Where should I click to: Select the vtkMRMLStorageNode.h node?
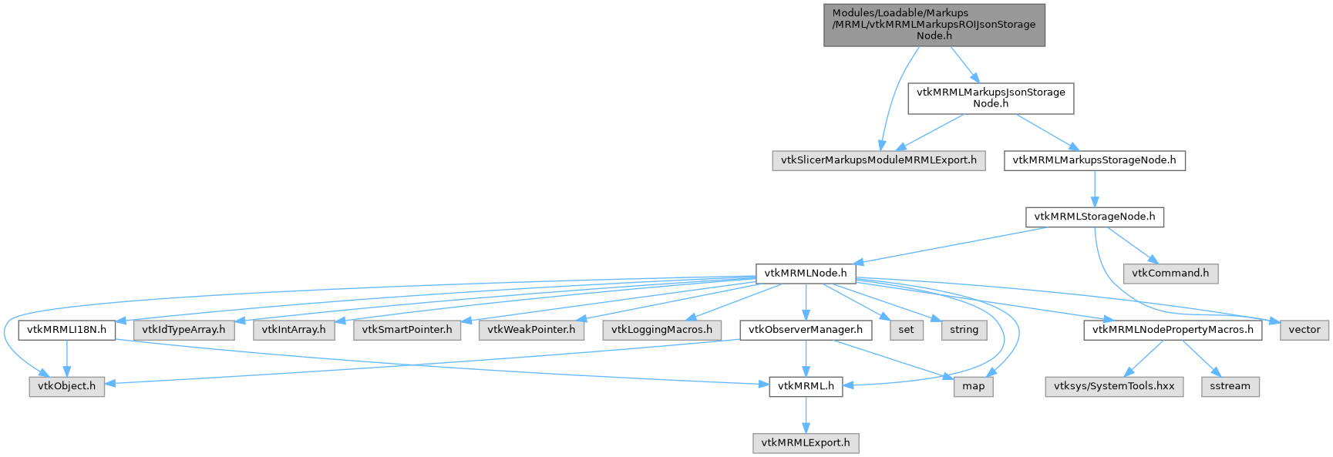[x=1094, y=217]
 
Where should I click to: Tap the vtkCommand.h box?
[x=1170, y=274]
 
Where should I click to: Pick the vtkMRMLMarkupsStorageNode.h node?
[x=1094, y=161]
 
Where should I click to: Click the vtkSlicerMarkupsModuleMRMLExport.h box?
[x=878, y=161]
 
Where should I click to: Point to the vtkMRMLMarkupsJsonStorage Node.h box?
[x=991, y=98]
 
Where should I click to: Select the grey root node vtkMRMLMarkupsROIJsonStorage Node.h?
[x=934, y=25]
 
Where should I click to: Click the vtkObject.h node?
[x=67, y=386]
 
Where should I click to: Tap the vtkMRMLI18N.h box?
[x=67, y=330]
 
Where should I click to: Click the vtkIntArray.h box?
[x=294, y=330]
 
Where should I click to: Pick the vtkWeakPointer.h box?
[x=531, y=330]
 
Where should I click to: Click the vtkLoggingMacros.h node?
[x=662, y=330]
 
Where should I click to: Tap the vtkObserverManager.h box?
[x=806, y=330]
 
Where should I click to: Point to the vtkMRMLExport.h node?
[x=806, y=443]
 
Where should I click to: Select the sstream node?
[x=1230, y=386]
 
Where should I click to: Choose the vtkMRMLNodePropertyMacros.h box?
[x=1172, y=330]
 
